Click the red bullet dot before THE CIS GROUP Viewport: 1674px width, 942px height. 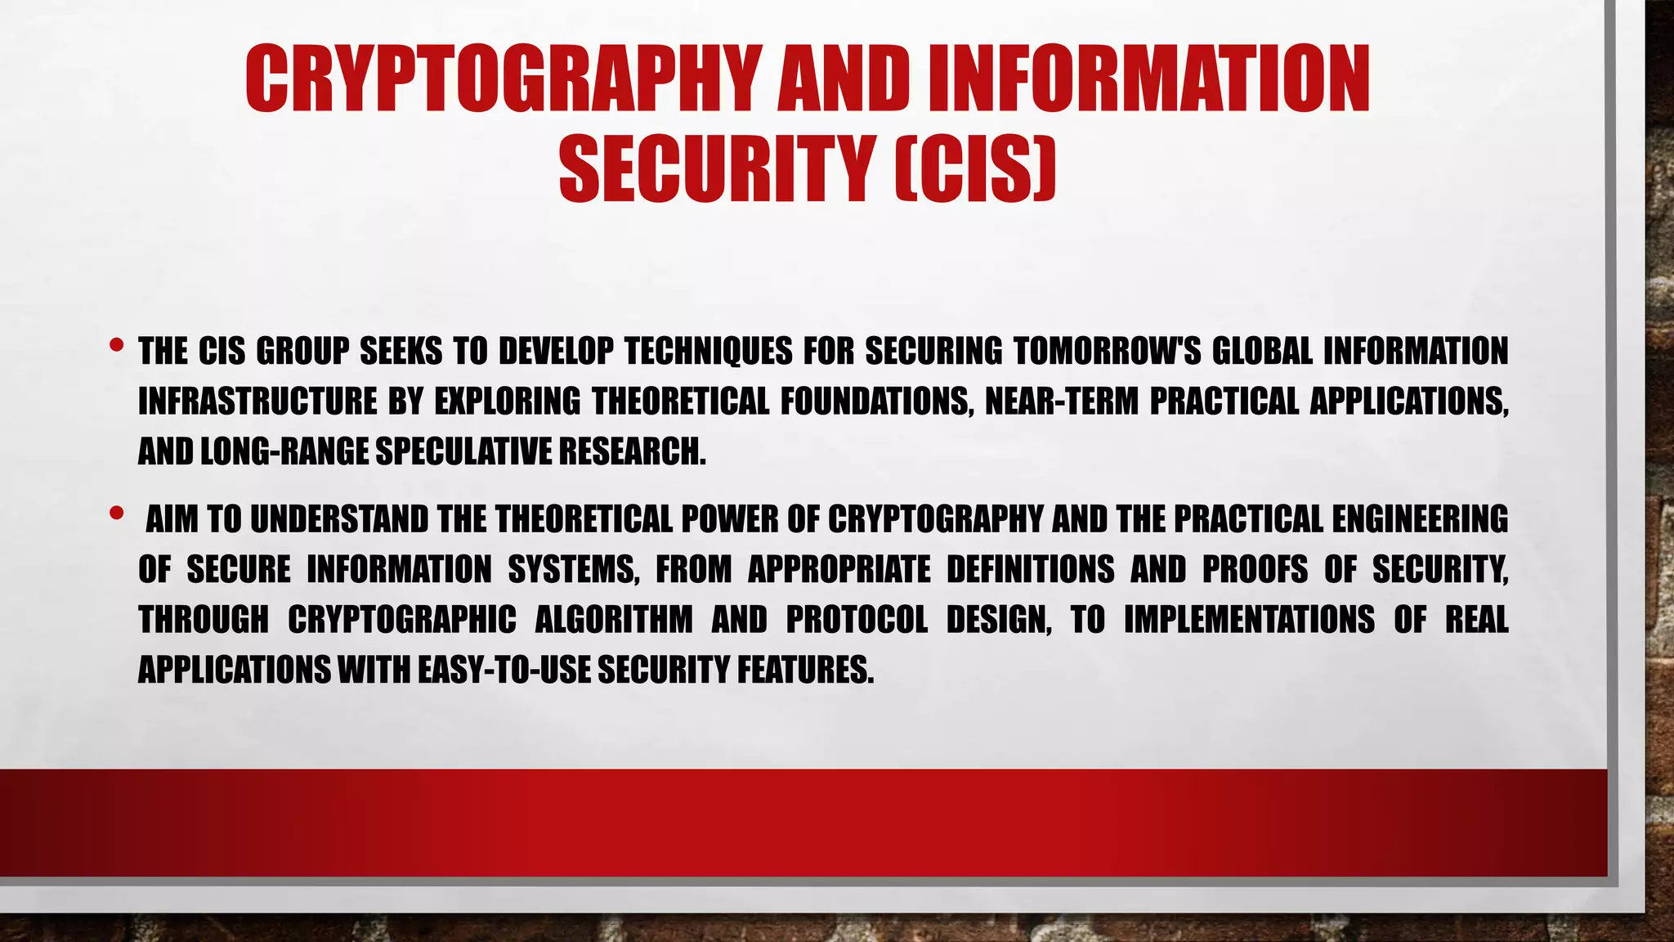coord(116,345)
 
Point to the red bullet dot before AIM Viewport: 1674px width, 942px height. coord(116,514)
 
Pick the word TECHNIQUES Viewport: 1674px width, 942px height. coord(708,352)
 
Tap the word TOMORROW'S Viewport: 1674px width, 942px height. coord(1107,352)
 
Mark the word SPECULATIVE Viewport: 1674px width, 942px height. coord(462,451)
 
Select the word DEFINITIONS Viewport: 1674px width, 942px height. coord(1030,569)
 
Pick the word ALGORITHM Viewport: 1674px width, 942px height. coord(613,620)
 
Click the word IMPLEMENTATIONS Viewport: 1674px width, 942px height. coord(1249,620)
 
